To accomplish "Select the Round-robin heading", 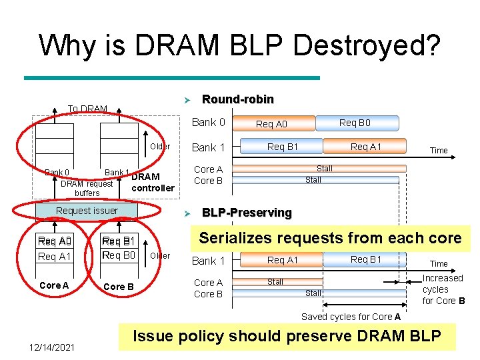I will pos(237,99).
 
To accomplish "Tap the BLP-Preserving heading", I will pos(247,213).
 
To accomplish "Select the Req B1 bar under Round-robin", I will pos(283,147).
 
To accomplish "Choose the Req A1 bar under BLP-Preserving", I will pos(283,260).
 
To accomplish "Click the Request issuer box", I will pos(87,211).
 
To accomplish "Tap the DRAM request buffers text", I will pos(87,188).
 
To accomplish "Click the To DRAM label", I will pos(87,109).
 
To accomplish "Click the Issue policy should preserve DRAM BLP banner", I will pos(287,336).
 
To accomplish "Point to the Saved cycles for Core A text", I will pos(351,317).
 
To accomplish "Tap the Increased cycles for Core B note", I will pos(443,289).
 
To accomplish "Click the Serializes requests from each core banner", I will pos(330,238).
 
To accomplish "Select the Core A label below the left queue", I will pos(54,285).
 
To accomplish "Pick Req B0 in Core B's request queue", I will pos(119,255).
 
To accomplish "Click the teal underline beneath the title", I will pos(171,78).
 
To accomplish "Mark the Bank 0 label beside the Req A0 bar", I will pos(208,122).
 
